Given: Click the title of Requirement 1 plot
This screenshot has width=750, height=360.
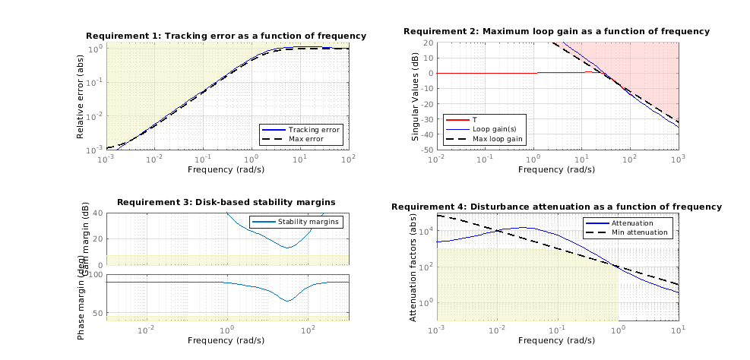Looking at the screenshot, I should tap(226, 36).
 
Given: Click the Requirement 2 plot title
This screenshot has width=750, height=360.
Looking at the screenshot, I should tap(556, 31).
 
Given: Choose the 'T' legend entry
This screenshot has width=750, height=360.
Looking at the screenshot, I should tap(475, 120).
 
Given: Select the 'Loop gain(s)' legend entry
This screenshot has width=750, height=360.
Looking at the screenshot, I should tap(493, 130).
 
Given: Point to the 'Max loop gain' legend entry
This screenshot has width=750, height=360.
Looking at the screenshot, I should tap(498, 140).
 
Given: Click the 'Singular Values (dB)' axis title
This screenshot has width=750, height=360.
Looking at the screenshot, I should tap(415, 96).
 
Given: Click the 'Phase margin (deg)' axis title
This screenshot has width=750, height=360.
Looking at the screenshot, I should tap(81, 306).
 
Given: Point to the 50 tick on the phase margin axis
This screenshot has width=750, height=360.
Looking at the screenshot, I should tap(96, 312).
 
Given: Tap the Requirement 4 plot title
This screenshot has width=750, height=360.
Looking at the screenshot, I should tap(556, 207).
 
